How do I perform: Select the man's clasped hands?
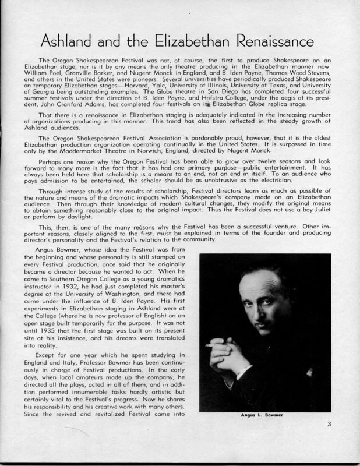pos(239,355)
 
